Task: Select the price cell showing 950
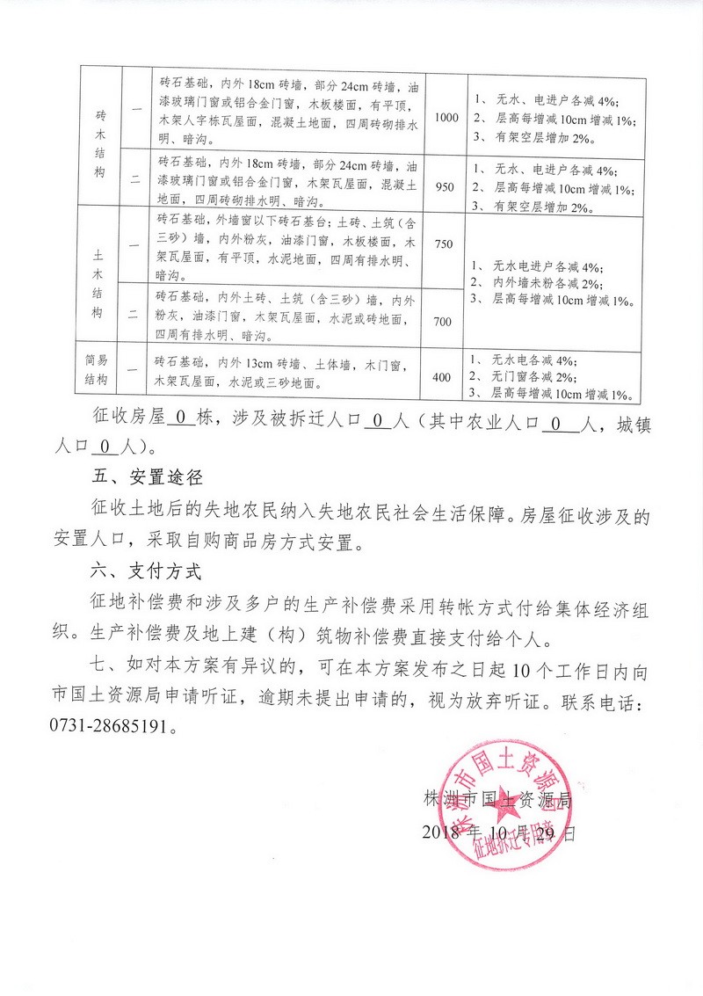click(x=446, y=186)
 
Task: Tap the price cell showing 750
click(x=444, y=244)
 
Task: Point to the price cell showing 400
click(x=444, y=377)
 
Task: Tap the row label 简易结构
click(x=102, y=369)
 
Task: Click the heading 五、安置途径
click(x=147, y=478)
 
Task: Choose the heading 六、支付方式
click(x=147, y=573)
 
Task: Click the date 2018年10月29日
click(x=501, y=832)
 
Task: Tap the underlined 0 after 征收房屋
click(x=180, y=420)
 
